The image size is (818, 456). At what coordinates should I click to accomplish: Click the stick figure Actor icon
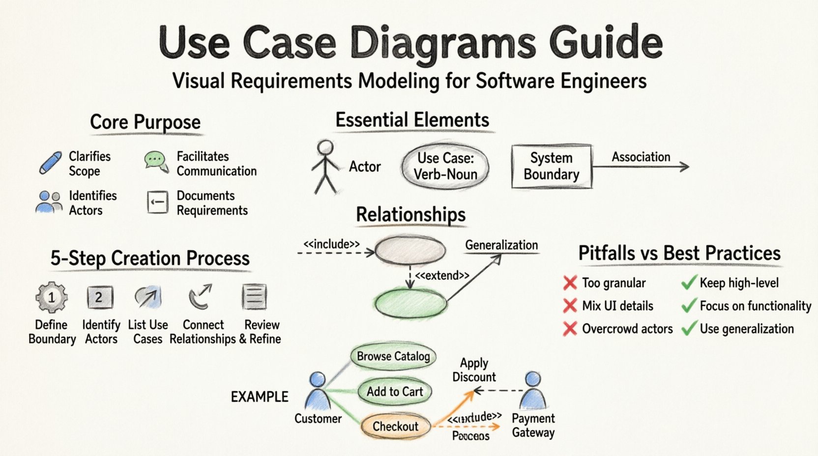(325, 167)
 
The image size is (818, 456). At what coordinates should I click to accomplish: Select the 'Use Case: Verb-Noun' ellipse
(445, 167)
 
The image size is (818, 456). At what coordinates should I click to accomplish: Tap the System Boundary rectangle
(552, 166)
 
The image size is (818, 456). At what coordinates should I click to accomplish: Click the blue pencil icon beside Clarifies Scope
(50, 163)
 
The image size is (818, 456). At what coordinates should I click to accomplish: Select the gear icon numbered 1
(52, 297)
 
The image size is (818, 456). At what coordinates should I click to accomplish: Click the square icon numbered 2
(100, 297)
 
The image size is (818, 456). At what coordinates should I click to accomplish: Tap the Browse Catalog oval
(393, 356)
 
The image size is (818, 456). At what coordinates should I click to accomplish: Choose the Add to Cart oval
(395, 392)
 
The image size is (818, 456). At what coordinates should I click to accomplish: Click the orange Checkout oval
(396, 426)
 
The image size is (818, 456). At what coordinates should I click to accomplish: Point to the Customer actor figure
(318, 391)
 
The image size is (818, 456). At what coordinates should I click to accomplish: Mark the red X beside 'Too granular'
(570, 283)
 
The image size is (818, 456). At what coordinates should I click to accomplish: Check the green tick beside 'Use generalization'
(689, 328)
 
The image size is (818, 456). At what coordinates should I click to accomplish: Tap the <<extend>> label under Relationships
(442, 276)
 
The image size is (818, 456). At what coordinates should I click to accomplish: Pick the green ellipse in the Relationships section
(410, 303)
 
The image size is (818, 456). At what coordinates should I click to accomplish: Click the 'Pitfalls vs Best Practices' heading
(679, 253)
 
